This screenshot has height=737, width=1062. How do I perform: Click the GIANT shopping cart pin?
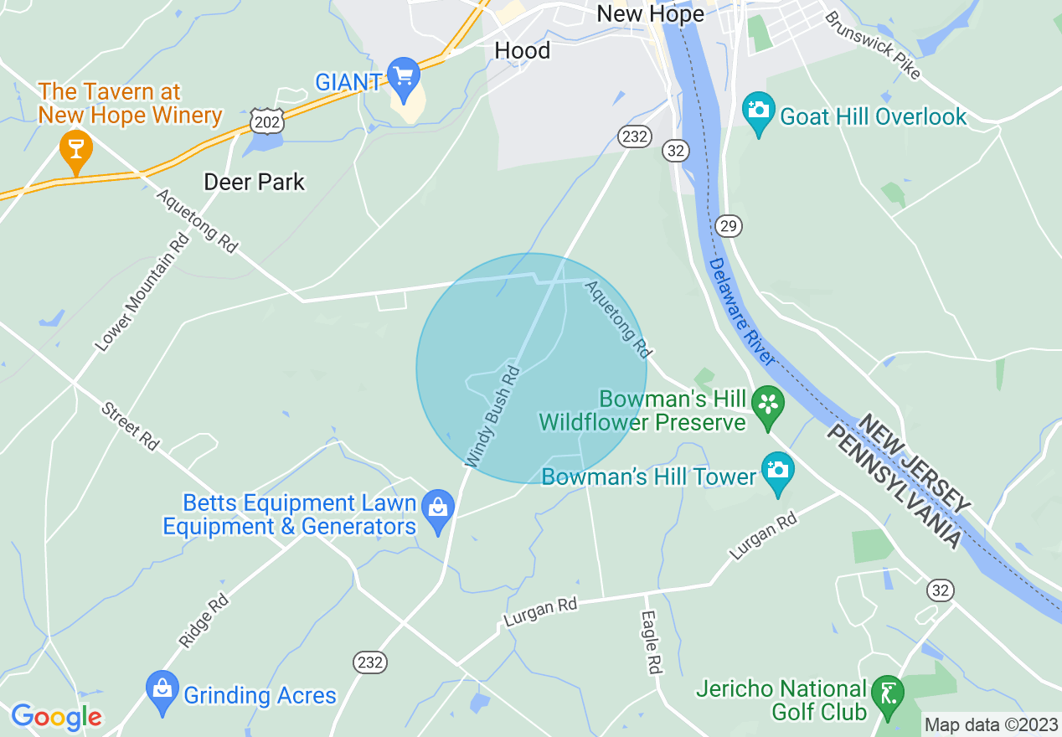405,77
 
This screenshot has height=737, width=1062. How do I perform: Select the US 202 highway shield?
266,120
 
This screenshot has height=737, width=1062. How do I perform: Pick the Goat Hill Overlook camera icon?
759,111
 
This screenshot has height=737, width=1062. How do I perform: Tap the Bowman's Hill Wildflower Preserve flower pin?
767,406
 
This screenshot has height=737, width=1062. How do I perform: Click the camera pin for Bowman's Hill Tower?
777,472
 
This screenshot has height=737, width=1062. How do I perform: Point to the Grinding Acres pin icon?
162,691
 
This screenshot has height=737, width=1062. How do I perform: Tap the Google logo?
56,717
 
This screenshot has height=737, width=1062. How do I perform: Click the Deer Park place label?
255,182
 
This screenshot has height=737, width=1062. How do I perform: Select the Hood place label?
523,50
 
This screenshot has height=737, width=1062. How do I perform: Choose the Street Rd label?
130,426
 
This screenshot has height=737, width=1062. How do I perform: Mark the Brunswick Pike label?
872,45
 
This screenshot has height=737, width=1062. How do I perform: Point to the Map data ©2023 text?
991,724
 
